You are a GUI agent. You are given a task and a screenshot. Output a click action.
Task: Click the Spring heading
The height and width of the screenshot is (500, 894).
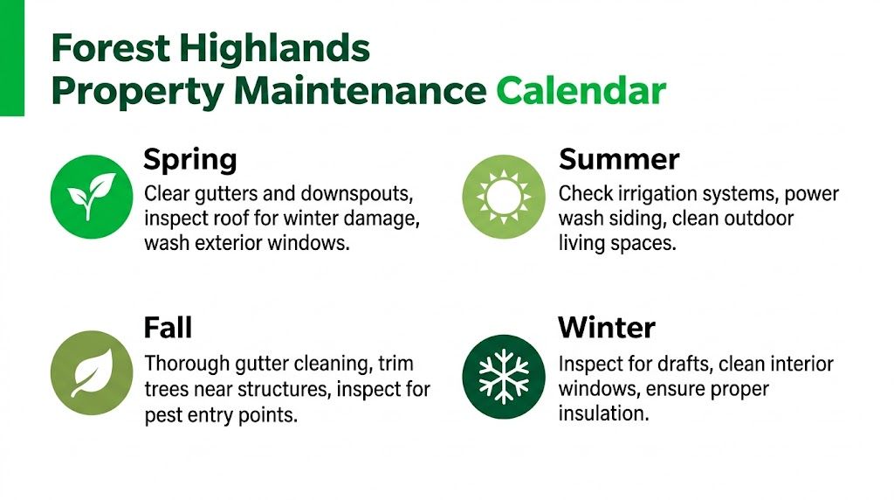[189, 161]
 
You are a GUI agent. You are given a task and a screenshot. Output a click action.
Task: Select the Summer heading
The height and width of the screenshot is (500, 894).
[619, 159]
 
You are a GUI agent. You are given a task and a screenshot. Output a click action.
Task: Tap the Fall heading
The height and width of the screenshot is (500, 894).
[168, 327]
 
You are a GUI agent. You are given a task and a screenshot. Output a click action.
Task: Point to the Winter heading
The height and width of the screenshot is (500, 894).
[607, 327]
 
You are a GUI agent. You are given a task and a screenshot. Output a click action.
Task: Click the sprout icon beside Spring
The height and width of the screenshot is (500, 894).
[92, 197]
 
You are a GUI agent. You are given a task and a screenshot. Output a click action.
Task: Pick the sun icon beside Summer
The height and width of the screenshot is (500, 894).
[503, 197]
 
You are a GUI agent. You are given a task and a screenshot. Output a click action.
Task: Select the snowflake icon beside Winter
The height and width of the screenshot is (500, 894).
[503, 376]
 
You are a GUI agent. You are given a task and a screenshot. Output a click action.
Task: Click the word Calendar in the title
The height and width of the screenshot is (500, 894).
[581, 90]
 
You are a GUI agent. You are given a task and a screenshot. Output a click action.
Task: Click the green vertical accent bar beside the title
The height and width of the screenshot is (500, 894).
[11, 58]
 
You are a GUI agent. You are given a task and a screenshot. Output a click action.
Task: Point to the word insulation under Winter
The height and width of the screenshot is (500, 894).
[603, 413]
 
